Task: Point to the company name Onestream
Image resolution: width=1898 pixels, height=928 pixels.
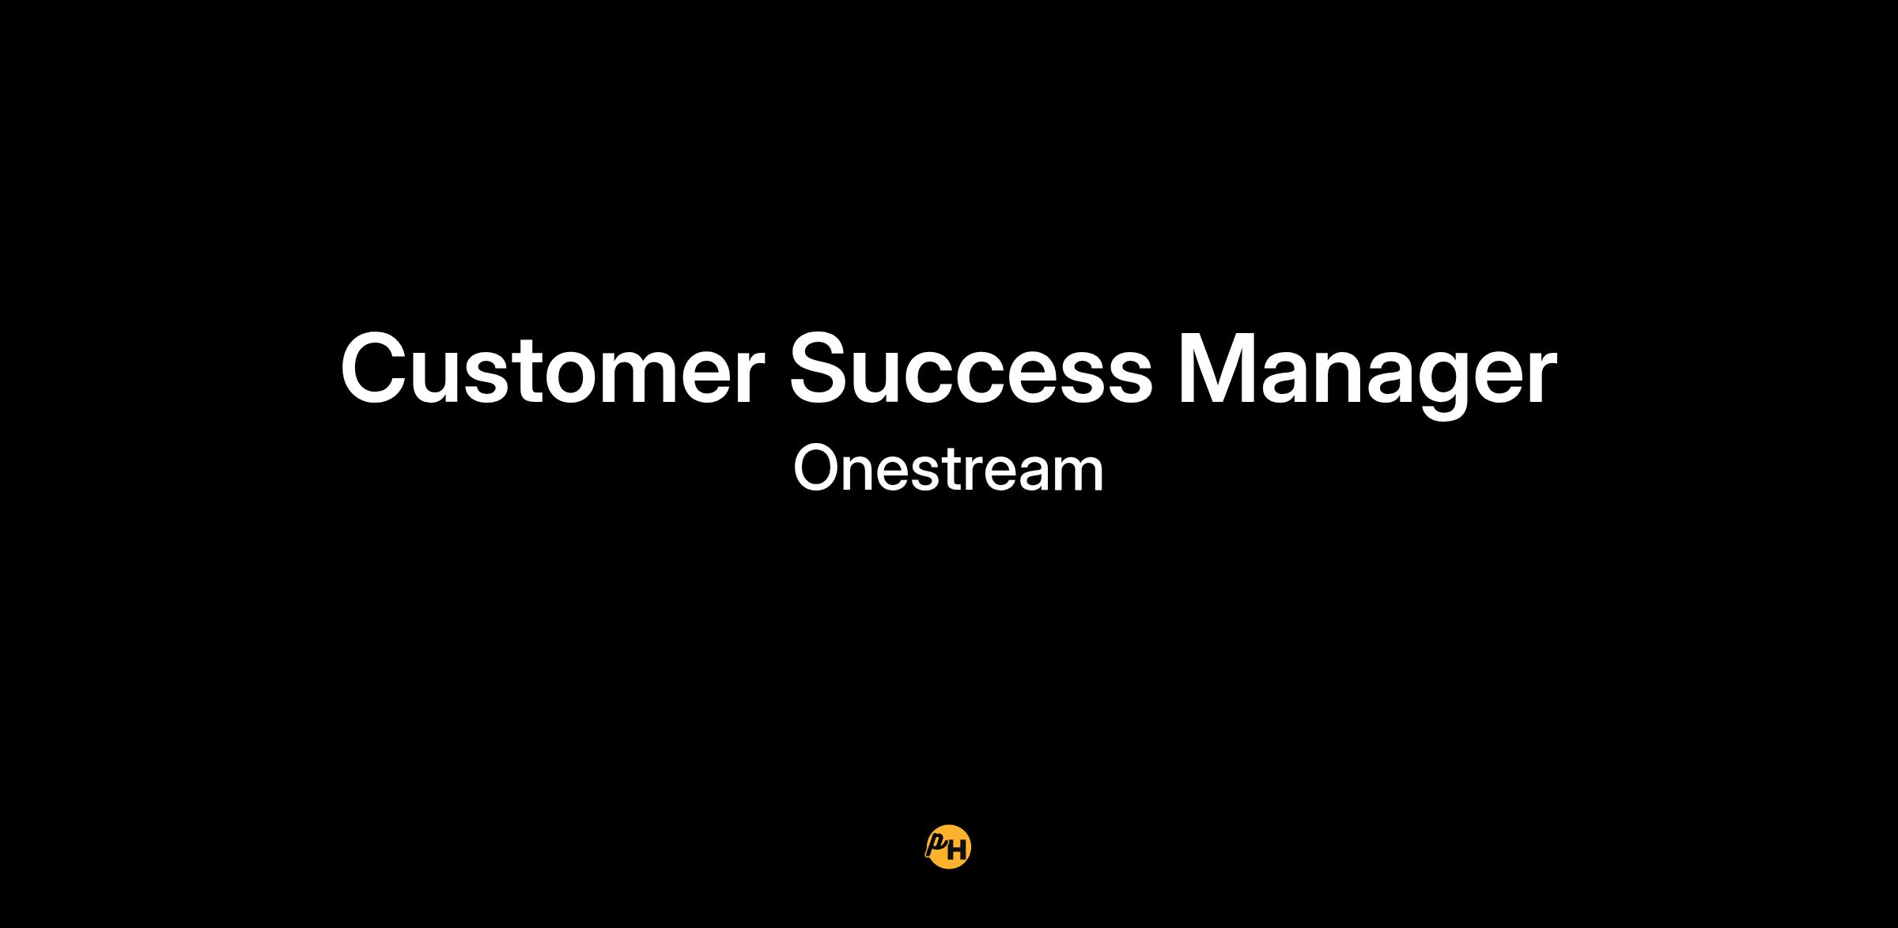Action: click(948, 468)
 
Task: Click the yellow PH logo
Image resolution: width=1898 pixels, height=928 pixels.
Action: click(948, 848)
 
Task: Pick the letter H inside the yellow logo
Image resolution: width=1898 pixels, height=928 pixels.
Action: click(957, 851)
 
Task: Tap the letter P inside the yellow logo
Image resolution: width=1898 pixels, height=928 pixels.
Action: click(937, 844)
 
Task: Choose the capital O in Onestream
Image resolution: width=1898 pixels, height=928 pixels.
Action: click(816, 468)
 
